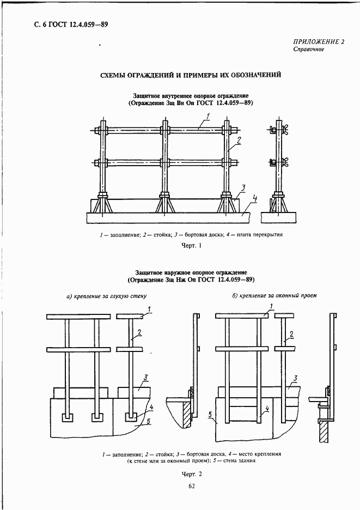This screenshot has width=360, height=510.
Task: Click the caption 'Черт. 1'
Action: (191, 246)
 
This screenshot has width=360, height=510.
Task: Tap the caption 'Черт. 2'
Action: (191, 474)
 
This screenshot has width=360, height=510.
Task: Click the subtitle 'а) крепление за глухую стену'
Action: (107, 296)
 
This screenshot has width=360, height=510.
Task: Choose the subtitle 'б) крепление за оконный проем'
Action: (274, 295)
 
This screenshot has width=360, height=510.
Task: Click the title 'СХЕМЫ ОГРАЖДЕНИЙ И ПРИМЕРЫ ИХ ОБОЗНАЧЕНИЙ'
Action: (191, 75)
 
